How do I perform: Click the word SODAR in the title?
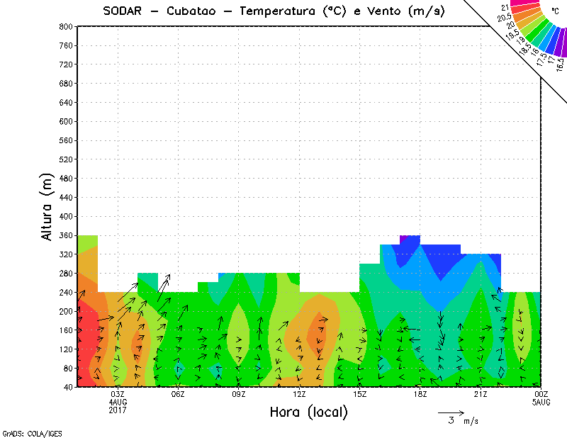tap(122, 11)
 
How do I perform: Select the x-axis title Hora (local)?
tap(308, 412)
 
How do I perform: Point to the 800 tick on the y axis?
tap(64, 26)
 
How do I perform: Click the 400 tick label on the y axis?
tap(64, 216)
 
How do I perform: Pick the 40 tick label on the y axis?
tap(67, 387)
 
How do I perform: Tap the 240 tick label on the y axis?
tap(64, 292)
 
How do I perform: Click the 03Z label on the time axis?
tap(118, 394)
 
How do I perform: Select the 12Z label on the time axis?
tap(299, 394)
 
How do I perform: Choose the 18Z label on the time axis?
tap(420, 394)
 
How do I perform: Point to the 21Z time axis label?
tap(481, 394)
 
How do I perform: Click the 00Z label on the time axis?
tap(541, 394)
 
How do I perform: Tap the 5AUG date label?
tap(541, 402)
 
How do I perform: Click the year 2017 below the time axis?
tap(118, 410)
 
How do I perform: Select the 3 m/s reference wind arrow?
tap(451, 412)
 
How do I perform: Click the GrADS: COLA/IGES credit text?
tap(25, 432)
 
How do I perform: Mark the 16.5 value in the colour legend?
tap(560, 63)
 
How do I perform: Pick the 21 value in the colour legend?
tap(505, 8)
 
